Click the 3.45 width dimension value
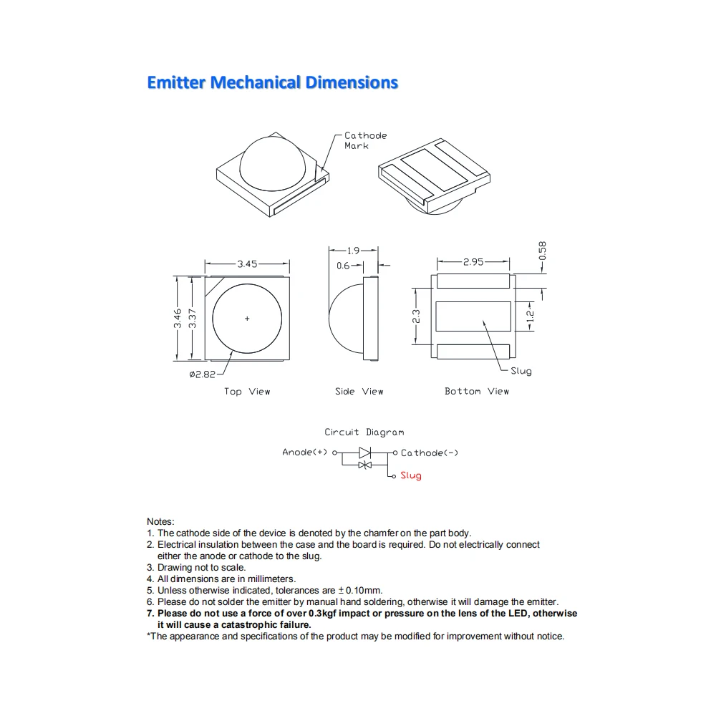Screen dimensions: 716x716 [247, 264]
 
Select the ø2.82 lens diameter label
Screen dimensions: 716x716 [202, 374]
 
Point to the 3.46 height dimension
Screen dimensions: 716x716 [177, 318]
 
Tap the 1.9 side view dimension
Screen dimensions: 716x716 [353, 251]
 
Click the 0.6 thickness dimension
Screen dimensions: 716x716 [343, 266]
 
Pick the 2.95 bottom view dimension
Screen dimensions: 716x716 [473, 262]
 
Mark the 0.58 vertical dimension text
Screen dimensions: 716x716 [542, 251]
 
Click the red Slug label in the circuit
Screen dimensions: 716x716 [411, 475]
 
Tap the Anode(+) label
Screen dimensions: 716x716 [304, 453]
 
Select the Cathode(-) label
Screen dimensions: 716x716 [430, 453]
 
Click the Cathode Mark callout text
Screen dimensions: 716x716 [365, 140]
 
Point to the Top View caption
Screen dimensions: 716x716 [247, 392]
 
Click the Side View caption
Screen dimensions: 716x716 [359, 392]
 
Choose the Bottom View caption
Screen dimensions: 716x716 [476, 392]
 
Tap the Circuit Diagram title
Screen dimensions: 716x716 [364, 432]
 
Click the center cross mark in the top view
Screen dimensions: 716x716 [248, 319]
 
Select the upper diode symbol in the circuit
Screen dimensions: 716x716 [364, 453]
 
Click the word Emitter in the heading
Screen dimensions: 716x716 [175, 82]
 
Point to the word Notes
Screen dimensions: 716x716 [160, 522]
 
